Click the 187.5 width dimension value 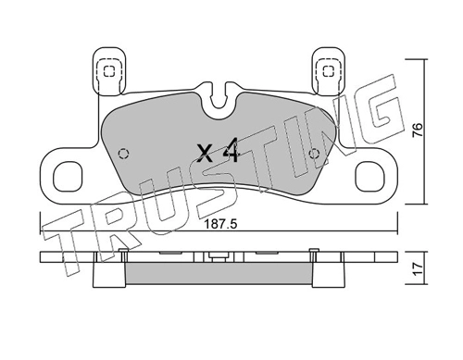click(220, 224)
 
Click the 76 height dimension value click(418, 130)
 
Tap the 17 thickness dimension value click(418, 269)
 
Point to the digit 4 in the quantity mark click(231, 150)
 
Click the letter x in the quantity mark click(205, 154)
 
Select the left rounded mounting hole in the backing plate click(68, 177)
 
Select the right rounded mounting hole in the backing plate click(369, 177)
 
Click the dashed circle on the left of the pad click(124, 154)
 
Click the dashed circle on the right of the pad click(315, 153)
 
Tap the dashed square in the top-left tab click(108, 71)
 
